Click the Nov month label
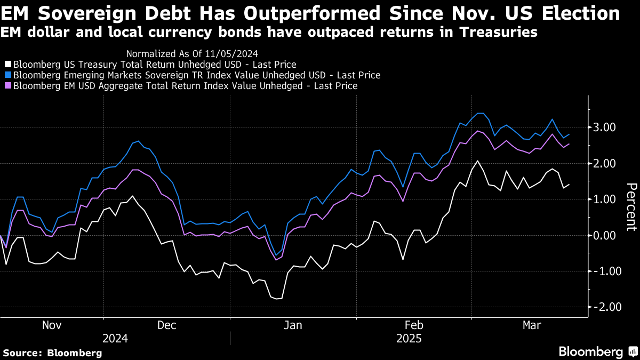point(52,325)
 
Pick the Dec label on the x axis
point(167,325)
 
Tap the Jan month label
point(292,325)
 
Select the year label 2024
point(115,339)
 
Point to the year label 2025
point(409,339)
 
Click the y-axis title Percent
point(631,207)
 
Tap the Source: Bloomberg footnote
point(52,353)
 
